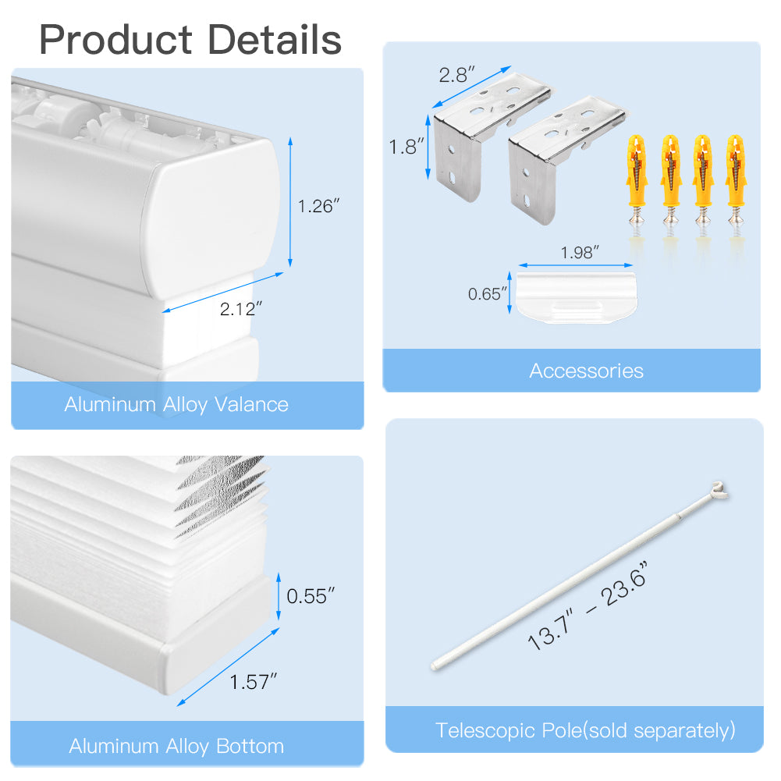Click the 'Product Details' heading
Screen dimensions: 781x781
[190, 40]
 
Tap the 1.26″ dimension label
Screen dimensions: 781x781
[318, 206]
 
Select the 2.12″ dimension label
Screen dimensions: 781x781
[240, 309]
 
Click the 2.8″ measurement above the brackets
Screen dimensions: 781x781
[456, 75]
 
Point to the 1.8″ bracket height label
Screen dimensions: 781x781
[406, 147]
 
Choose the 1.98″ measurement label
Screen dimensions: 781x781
[579, 253]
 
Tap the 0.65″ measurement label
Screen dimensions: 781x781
[487, 294]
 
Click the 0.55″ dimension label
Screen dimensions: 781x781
[311, 596]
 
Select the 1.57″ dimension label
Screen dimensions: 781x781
[253, 682]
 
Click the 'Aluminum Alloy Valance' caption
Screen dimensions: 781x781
[176, 404]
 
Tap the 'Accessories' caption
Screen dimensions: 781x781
[586, 371]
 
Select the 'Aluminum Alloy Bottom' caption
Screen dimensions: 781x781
[176, 746]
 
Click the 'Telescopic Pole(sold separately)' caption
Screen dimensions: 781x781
[585, 731]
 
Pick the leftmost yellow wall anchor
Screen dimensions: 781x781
[637, 180]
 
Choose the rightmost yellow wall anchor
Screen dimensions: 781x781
[736, 180]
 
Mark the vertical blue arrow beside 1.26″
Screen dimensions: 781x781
[290, 202]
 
